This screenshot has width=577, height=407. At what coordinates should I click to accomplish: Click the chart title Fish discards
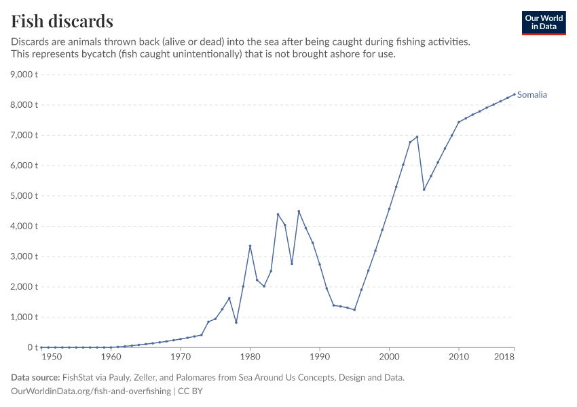click(x=62, y=21)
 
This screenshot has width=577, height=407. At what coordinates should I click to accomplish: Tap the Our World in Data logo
click(x=543, y=22)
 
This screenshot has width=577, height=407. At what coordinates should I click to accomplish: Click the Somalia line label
click(x=532, y=95)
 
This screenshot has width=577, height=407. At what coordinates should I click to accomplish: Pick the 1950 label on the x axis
click(x=48, y=357)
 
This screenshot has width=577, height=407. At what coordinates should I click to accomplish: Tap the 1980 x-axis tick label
click(x=250, y=357)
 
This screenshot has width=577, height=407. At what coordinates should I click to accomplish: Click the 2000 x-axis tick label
click(x=389, y=357)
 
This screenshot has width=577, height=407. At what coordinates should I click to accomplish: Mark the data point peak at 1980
click(x=250, y=246)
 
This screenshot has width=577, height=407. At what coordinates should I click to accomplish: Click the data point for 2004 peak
click(x=417, y=136)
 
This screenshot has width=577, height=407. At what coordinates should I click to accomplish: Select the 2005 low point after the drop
click(x=424, y=189)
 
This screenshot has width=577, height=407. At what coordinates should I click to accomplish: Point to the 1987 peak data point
click(x=299, y=211)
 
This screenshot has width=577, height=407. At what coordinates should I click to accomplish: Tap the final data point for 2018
click(x=514, y=94)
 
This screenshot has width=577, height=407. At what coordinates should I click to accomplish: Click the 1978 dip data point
click(x=236, y=322)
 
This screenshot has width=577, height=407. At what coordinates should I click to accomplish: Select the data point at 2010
click(x=459, y=122)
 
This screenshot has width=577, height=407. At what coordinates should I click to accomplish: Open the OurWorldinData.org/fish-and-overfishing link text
click(x=91, y=391)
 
